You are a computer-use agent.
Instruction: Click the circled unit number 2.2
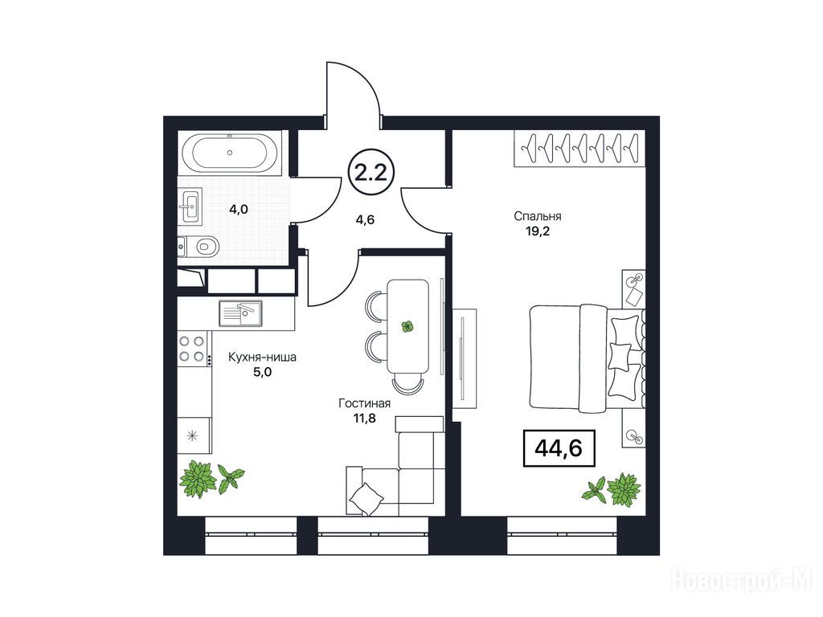pos(371,173)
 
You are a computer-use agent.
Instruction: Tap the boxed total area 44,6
pos(559,448)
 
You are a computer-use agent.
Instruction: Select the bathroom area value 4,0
pos(238,210)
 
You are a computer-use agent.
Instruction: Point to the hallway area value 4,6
pos(365,220)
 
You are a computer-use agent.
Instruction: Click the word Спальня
pos(538,216)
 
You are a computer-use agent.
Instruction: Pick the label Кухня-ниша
pos(262,358)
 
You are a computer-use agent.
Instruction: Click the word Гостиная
pos(364,403)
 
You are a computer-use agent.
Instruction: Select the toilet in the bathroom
pos(200,246)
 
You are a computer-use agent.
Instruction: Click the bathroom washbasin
pos(190,206)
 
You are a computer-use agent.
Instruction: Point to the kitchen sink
pos(240,313)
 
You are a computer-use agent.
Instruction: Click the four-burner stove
pos(191,349)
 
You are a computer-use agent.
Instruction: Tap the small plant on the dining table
pos(407,327)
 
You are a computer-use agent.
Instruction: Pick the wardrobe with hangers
pos(579,149)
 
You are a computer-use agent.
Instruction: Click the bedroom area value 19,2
pos(538,231)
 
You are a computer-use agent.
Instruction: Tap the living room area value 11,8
pos(364,418)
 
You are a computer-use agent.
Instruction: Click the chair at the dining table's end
pos(407,385)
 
